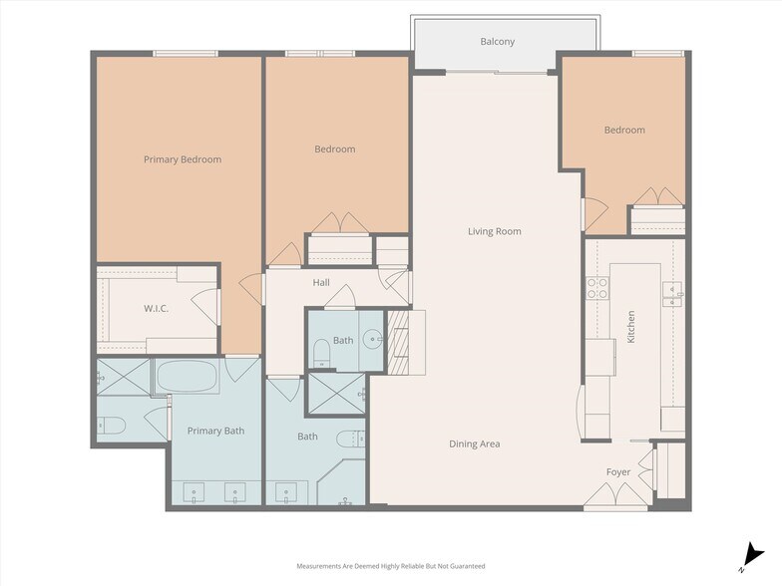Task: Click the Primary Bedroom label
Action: pos(183,159)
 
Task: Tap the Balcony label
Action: pos(497,42)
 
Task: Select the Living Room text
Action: pos(495,231)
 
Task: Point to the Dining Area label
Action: pos(475,444)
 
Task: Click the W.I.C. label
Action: pos(156,309)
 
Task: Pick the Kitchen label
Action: pos(630,327)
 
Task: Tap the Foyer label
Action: pos(618,472)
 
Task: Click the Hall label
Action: pos(321,283)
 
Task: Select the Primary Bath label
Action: pos(215,431)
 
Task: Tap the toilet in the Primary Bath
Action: pos(112,426)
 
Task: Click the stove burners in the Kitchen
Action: pos(597,288)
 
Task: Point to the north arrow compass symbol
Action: pos(753,556)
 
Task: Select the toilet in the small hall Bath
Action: pos(322,353)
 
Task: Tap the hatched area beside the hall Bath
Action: pos(398,343)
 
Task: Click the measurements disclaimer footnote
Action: pos(391,566)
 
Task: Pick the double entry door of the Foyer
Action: pos(616,496)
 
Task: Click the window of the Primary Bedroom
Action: pos(186,54)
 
